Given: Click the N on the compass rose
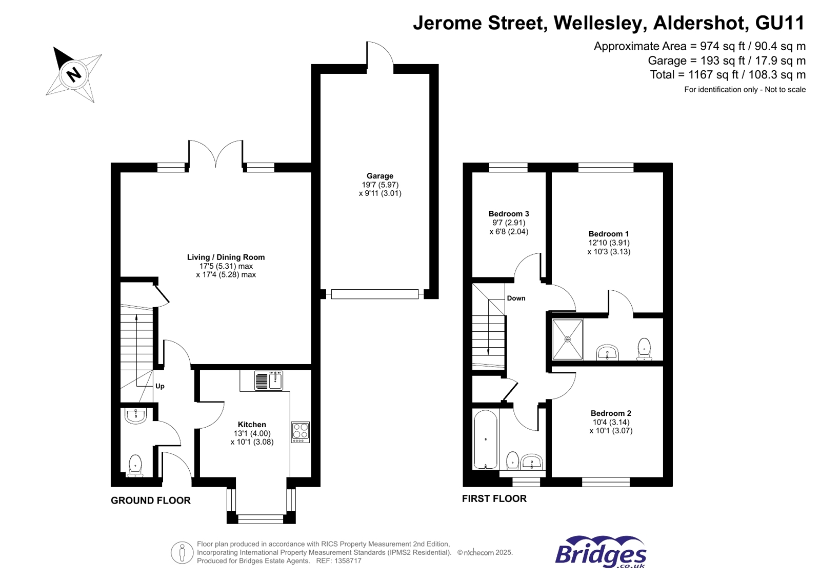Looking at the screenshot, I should pyautogui.click(x=74, y=75).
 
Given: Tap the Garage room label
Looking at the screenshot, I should pyautogui.click(x=379, y=176).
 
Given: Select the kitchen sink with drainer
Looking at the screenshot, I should pyautogui.click(x=268, y=381).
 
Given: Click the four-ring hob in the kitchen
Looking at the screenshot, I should pyautogui.click(x=301, y=432).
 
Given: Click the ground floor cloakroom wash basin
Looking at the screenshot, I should pyautogui.click(x=135, y=415).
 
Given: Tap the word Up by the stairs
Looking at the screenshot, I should pyautogui.click(x=160, y=386).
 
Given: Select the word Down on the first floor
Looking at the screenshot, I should pyautogui.click(x=516, y=298).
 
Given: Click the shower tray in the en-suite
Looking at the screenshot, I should pyautogui.click(x=567, y=339).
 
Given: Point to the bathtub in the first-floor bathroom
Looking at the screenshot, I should pyautogui.click(x=485, y=439).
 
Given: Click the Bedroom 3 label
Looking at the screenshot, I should pyautogui.click(x=508, y=214).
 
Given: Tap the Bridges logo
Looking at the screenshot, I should pyautogui.click(x=601, y=552).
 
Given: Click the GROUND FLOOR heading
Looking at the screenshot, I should pyautogui.click(x=150, y=501).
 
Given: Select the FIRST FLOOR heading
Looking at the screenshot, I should pyautogui.click(x=494, y=498).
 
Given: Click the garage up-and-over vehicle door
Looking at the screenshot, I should pyautogui.click(x=375, y=294).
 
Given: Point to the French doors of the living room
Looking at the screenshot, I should pyautogui.click(x=216, y=154).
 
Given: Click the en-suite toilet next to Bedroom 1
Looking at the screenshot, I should pyautogui.click(x=644, y=349).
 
